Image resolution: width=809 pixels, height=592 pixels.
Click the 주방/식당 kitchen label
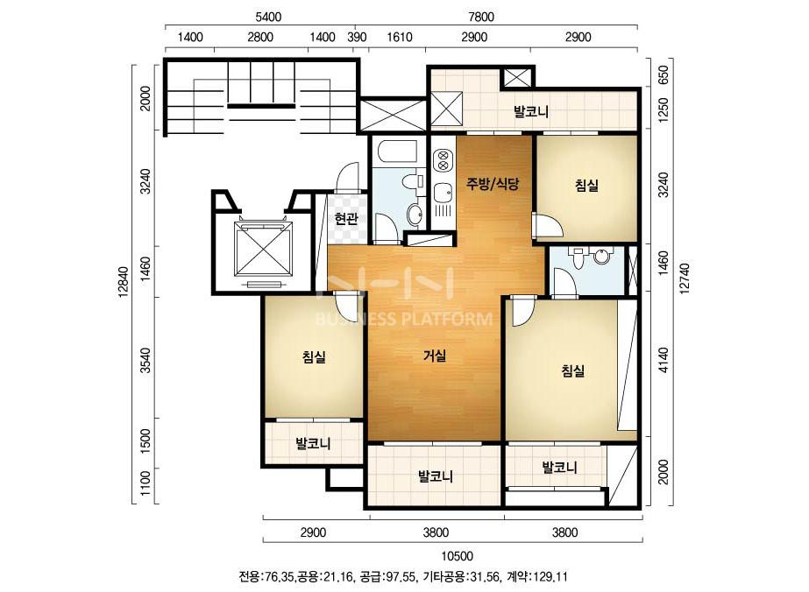[493, 184]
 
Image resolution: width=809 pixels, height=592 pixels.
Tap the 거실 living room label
[435, 356]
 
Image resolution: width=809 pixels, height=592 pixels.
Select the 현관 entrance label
[345, 219]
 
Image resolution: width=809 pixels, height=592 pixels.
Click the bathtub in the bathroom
[397, 152]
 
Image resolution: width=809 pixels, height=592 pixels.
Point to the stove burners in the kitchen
[442, 160]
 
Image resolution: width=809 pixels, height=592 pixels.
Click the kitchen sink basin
[443, 194]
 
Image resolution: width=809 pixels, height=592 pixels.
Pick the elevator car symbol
[264, 249]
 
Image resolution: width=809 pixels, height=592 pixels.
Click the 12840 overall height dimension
[123, 283]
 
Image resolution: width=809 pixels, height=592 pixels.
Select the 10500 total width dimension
[458, 556]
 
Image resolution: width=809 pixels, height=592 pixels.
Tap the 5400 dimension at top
[268, 17]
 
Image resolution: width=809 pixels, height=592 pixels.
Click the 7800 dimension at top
[481, 17]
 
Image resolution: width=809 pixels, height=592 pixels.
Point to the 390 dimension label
[357, 37]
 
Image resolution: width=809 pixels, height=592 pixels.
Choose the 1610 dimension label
[400, 37]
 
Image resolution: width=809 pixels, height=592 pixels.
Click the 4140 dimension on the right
[664, 360]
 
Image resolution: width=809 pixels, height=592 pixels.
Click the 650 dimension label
[664, 74]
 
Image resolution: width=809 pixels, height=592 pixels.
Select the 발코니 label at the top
[530, 111]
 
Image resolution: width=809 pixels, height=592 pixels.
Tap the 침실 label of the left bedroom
[314, 356]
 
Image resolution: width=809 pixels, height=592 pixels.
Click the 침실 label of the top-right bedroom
[586, 185]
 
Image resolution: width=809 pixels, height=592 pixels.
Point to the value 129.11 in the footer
[551, 576]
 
